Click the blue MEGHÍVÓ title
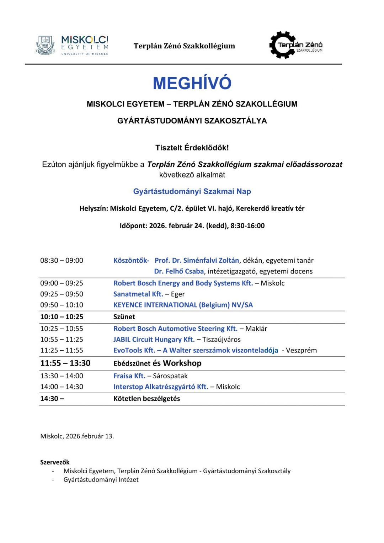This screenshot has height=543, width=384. [192, 83]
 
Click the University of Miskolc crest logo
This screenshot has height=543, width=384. [45, 45]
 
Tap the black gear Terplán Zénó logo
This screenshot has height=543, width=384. [283, 45]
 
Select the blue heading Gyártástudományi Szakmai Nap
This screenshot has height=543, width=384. [192, 191]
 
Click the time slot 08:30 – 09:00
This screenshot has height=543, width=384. [62, 260]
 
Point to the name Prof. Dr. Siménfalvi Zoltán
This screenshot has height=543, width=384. [197, 260]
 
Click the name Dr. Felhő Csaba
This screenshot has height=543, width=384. [179, 271]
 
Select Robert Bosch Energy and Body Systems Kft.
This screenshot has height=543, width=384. [183, 283]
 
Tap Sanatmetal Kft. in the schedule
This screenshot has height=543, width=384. [138, 294]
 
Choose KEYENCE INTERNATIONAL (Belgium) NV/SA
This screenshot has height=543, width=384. [183, 305]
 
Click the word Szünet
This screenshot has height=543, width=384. [124, 317]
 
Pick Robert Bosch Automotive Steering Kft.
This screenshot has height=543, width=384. [175, 329]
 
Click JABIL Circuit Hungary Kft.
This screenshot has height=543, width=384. [154, 340]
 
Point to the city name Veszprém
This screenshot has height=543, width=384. [301, 350]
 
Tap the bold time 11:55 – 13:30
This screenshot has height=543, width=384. [65, 363]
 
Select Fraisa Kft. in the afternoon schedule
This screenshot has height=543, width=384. [129, 376]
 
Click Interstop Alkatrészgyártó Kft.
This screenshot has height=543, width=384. [161, 387]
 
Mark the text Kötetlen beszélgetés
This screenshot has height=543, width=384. [146, 399]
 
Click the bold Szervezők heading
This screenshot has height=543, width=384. [55, 462]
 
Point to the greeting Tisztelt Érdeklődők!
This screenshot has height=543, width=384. [192, 148]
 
